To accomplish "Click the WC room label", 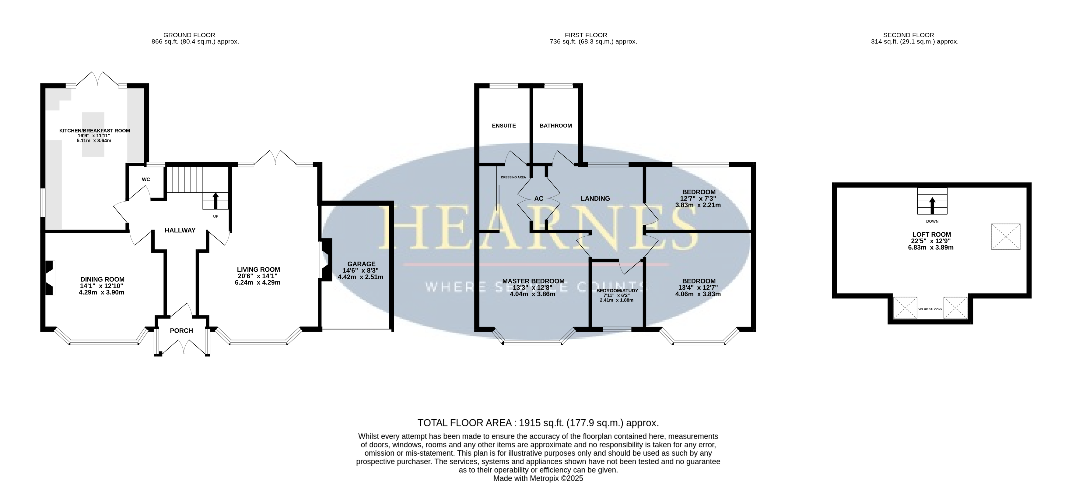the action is [146, 179].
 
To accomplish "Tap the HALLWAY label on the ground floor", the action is [180, 230].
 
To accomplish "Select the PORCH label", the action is [181, 331].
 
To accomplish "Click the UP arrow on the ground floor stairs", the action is [215, 200].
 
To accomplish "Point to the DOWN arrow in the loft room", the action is [932, 206].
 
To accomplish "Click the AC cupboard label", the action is [538, 199].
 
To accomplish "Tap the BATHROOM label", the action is [555, 126].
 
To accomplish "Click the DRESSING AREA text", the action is [513, 177].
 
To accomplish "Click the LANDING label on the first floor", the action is [595, 199].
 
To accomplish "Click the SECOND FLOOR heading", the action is [909, 35].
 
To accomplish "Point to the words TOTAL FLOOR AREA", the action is [464, 423].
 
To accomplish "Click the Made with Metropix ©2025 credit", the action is [538, 478].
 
